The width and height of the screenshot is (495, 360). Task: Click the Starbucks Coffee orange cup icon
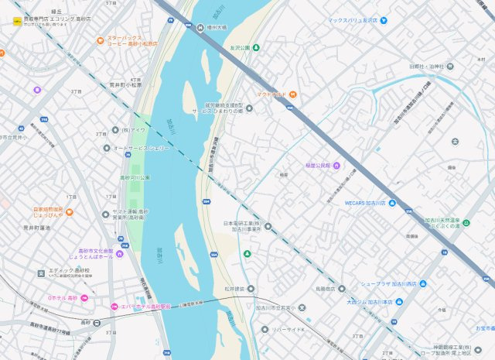tap(101, 40)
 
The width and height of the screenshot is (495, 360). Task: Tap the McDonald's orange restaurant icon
tap(294, 94)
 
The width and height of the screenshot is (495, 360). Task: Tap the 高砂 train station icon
tap(97, 322)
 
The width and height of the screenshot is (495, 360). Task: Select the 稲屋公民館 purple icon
tap(336, 165)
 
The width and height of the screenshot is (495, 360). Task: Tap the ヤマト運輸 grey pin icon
tap(106, 214)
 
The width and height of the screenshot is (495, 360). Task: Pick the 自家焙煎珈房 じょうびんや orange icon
tap(70, 211)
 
